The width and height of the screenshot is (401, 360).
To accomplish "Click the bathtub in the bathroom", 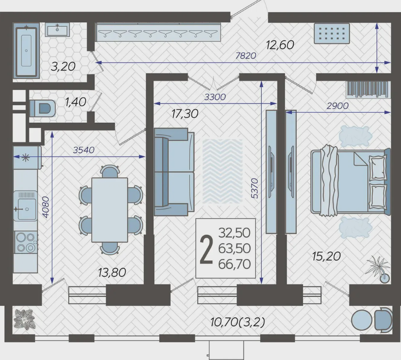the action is click(26, 51).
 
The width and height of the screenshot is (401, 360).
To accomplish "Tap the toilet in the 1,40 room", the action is click(42, 108).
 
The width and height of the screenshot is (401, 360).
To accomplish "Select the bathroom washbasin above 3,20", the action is click(57, 29).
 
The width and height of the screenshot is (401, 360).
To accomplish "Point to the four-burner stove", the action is click(25, 242).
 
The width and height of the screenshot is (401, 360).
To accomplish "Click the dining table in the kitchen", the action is click(110, 210).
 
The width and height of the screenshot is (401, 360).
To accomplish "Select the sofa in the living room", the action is click(174, 172).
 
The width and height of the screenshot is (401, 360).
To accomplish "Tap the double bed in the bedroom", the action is click(351, 182).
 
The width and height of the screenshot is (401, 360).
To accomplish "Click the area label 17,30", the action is click(185, 114).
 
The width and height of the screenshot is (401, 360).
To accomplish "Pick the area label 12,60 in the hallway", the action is click(280, 45).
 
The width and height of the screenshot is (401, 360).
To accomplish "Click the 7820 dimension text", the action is click(246, 56).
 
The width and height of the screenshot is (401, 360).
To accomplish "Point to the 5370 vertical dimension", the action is click(255, 189).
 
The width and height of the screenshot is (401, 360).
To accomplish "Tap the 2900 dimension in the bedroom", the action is click(338, 106).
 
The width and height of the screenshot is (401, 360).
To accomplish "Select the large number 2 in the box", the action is click(207, 249).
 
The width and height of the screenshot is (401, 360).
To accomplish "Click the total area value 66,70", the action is click(234, 264).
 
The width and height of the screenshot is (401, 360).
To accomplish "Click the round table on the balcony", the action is click(362, 320).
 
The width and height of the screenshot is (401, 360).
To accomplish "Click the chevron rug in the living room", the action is click(223, 171).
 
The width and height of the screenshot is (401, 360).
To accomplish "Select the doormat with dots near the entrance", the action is click(332, 34).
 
